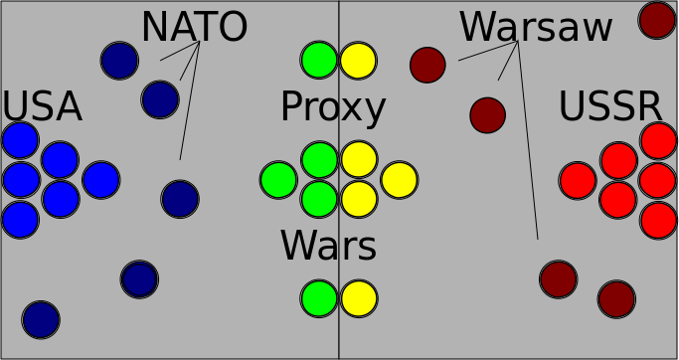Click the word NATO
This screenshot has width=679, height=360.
point(195,27)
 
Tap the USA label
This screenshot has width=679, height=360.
point(42,107)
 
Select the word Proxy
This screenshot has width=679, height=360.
point(333,108)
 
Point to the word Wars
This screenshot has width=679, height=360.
point(328,246)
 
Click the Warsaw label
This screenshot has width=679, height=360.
point(536,27)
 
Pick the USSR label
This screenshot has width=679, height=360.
point(610,106)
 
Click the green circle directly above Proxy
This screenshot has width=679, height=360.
point(319,61)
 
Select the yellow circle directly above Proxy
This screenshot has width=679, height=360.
point(358,61)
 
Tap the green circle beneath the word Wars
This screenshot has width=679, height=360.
point(319,298)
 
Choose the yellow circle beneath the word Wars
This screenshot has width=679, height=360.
point(359,298)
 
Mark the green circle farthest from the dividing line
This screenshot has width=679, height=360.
point(278,180)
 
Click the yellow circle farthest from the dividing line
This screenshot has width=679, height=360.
point(400,180)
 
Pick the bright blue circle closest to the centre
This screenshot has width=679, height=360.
point(100,180)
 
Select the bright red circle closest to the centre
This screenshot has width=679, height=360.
point(578,181)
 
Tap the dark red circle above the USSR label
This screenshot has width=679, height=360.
point(657,20)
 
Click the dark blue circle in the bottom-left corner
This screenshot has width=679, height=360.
point(41,319)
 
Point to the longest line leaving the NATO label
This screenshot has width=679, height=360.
point(190,100)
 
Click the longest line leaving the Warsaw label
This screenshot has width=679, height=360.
point(528,140)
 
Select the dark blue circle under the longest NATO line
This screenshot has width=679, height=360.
point(180,199)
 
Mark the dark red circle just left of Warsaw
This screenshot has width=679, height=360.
point(427,65)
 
